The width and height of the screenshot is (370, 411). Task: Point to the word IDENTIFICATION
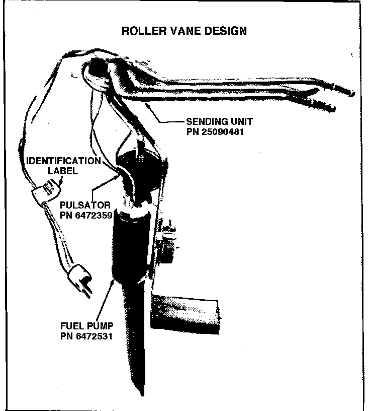pos(64,161)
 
